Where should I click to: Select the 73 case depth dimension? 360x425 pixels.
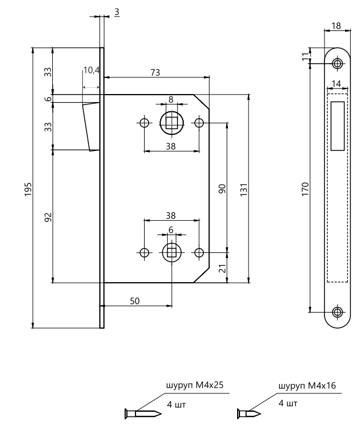155,72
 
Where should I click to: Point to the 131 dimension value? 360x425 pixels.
243,189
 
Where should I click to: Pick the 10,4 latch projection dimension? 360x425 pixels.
91,71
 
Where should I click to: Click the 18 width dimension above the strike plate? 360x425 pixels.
336,26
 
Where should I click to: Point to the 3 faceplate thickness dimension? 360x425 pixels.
117,11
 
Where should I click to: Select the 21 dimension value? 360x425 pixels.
222,267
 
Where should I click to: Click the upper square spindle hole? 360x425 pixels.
171,122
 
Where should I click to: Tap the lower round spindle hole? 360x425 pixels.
171,252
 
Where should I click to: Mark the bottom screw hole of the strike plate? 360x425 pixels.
336,312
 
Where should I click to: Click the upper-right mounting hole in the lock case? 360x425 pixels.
199,123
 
